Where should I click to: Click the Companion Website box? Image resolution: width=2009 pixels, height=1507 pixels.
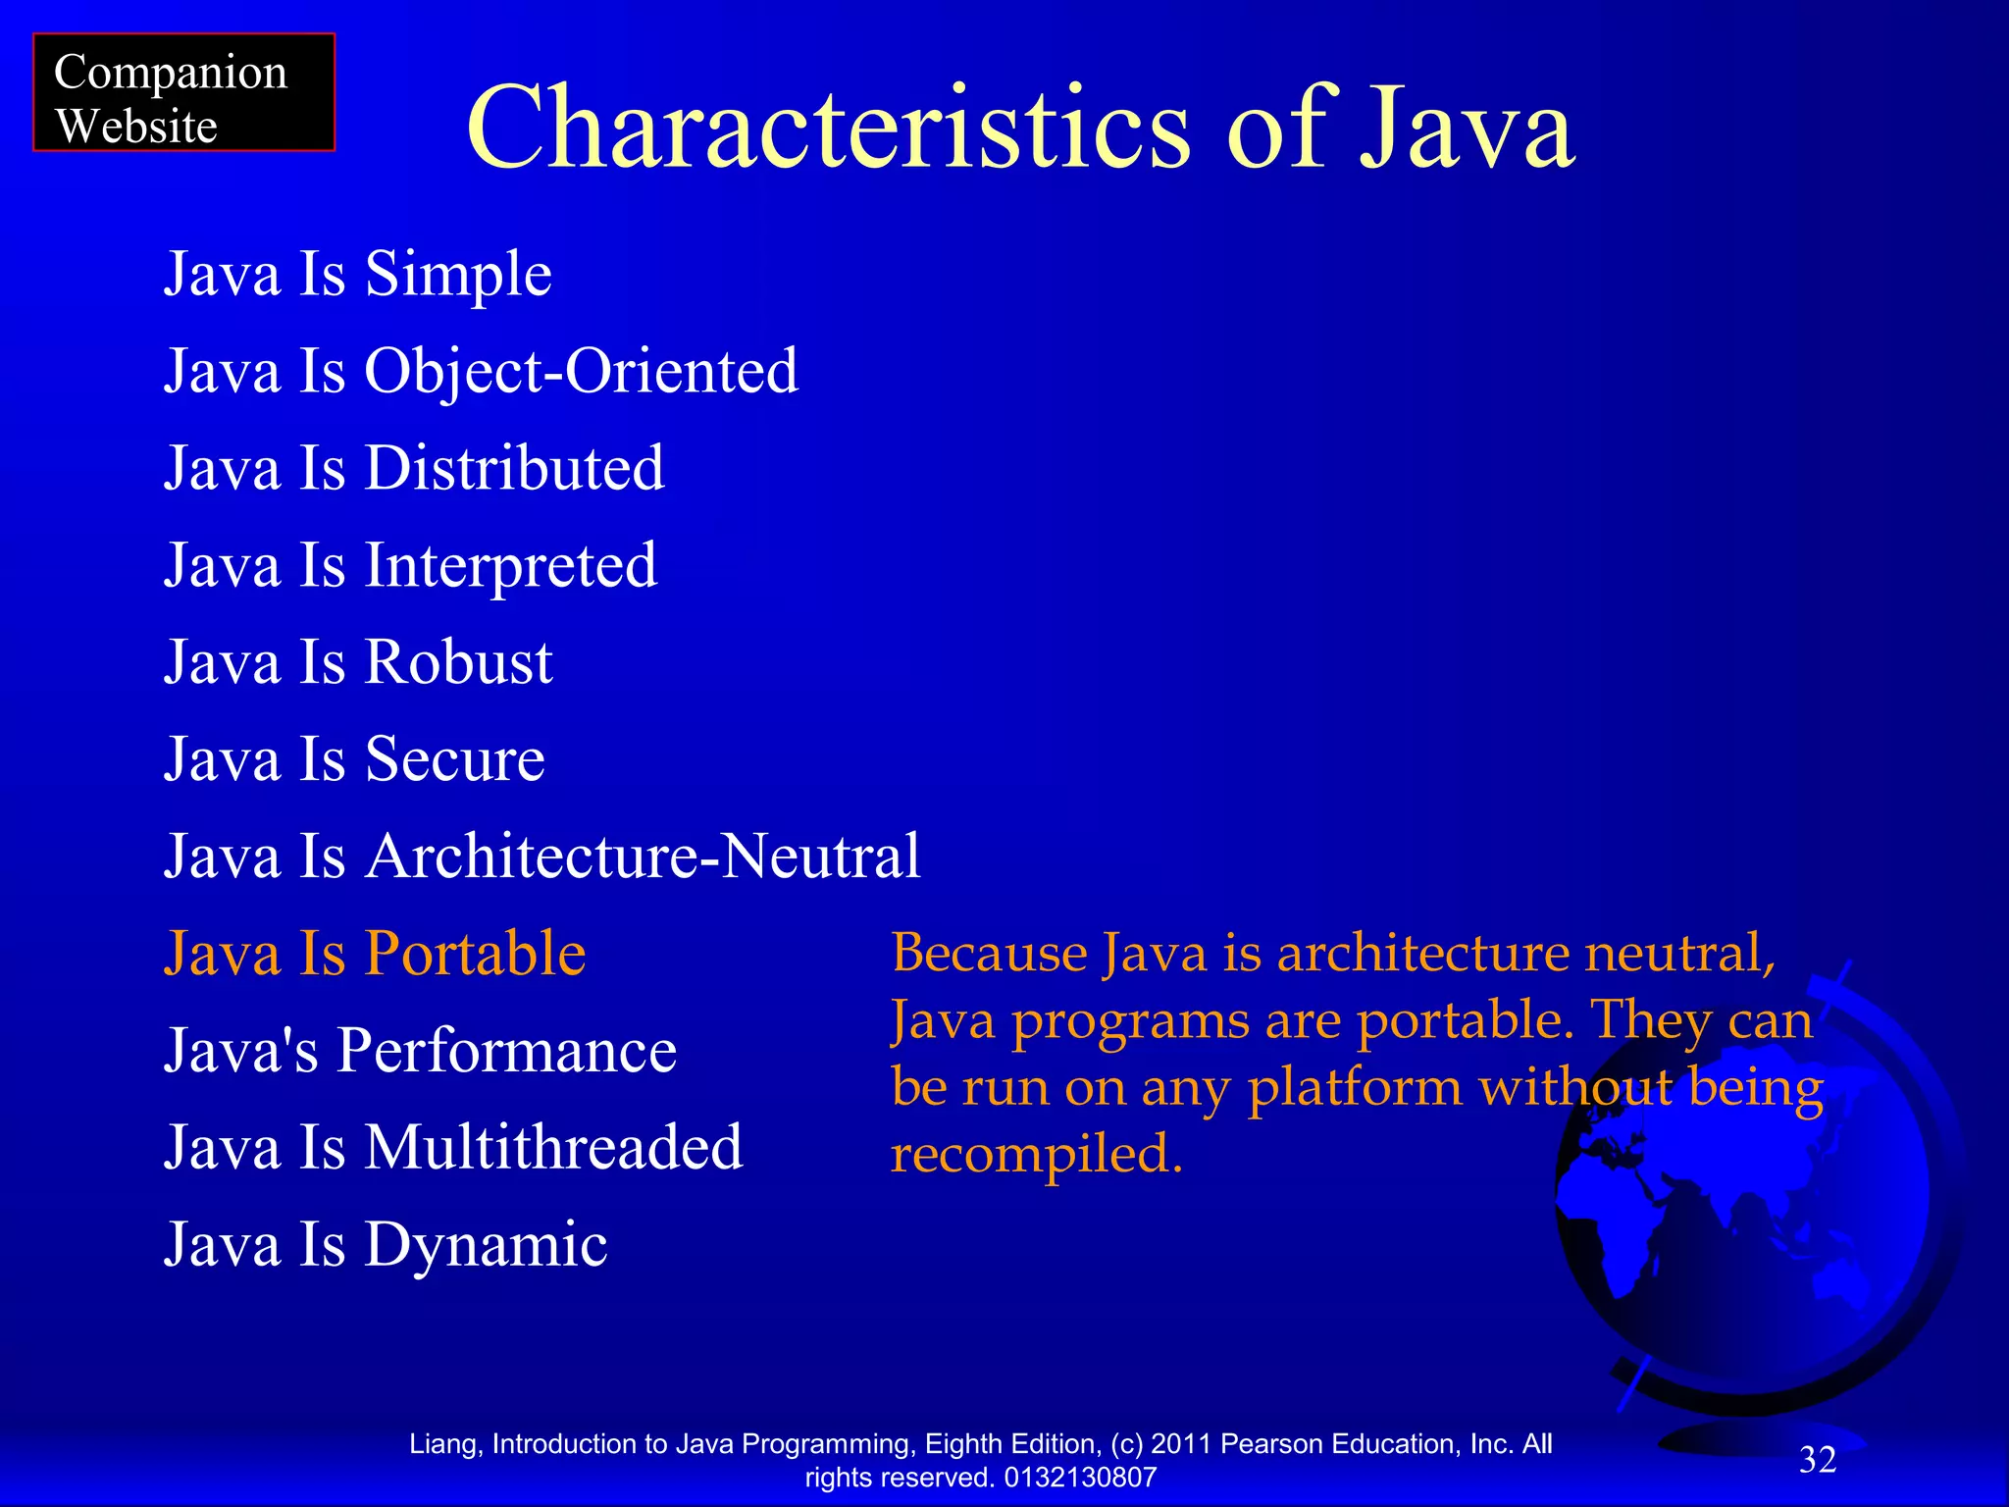click(183, 92)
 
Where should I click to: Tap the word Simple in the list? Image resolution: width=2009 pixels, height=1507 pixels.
click(458, 274)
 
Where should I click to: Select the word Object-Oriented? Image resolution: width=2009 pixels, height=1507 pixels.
click(582, 371)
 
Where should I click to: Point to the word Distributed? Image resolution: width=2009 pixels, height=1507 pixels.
click(515, 468)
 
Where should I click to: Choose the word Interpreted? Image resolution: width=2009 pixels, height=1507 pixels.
click(511, 566)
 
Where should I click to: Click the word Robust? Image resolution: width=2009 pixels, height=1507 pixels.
click(459, 662)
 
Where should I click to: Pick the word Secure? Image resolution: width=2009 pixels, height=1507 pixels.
click(455, 759)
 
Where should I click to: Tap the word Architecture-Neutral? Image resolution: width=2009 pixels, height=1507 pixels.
click(644, 857)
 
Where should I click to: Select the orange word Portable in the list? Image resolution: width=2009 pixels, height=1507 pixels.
click(476, 954)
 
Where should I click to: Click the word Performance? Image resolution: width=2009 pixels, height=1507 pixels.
click(507, 1051)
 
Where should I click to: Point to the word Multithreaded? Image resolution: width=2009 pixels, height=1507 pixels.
click(554, 1148)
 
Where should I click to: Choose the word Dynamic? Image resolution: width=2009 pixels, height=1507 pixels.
click(487, 1245)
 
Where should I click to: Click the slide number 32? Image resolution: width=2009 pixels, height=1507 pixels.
click(1817, 1460)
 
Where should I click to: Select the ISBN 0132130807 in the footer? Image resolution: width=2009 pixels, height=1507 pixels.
click(1080, 1478)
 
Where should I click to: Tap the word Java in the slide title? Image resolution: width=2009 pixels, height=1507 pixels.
click(1468, 129)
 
